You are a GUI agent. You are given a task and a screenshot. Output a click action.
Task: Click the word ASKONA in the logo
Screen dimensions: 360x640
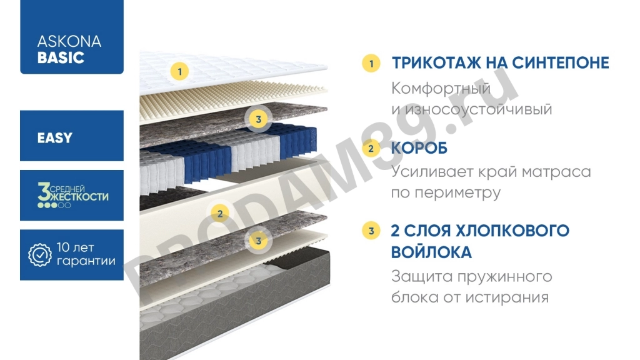(69, 42)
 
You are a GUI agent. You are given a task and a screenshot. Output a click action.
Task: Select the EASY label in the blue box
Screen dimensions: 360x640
(55, 137)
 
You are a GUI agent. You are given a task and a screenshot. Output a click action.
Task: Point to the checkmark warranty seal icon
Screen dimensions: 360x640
(41, 254)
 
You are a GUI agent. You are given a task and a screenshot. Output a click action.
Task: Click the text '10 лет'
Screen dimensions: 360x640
(75, 247)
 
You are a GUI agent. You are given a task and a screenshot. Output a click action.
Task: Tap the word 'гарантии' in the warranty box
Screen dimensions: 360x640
(86, 261)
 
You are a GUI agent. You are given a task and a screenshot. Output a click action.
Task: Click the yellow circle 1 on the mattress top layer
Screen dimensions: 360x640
(180, 71)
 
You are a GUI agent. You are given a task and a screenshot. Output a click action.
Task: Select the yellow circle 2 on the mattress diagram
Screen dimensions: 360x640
(219, 214)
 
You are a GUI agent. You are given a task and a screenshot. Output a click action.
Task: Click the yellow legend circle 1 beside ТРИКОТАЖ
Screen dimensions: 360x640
(371, 63)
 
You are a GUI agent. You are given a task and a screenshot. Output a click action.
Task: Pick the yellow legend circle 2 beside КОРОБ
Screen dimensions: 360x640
(371, 149)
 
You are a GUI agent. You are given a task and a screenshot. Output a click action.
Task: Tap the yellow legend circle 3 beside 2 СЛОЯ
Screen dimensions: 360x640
(371, 231)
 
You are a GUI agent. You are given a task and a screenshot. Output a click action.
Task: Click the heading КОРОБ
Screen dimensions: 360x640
(419, 149)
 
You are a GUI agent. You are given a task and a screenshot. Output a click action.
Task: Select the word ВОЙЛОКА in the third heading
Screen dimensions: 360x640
(431, 252)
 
